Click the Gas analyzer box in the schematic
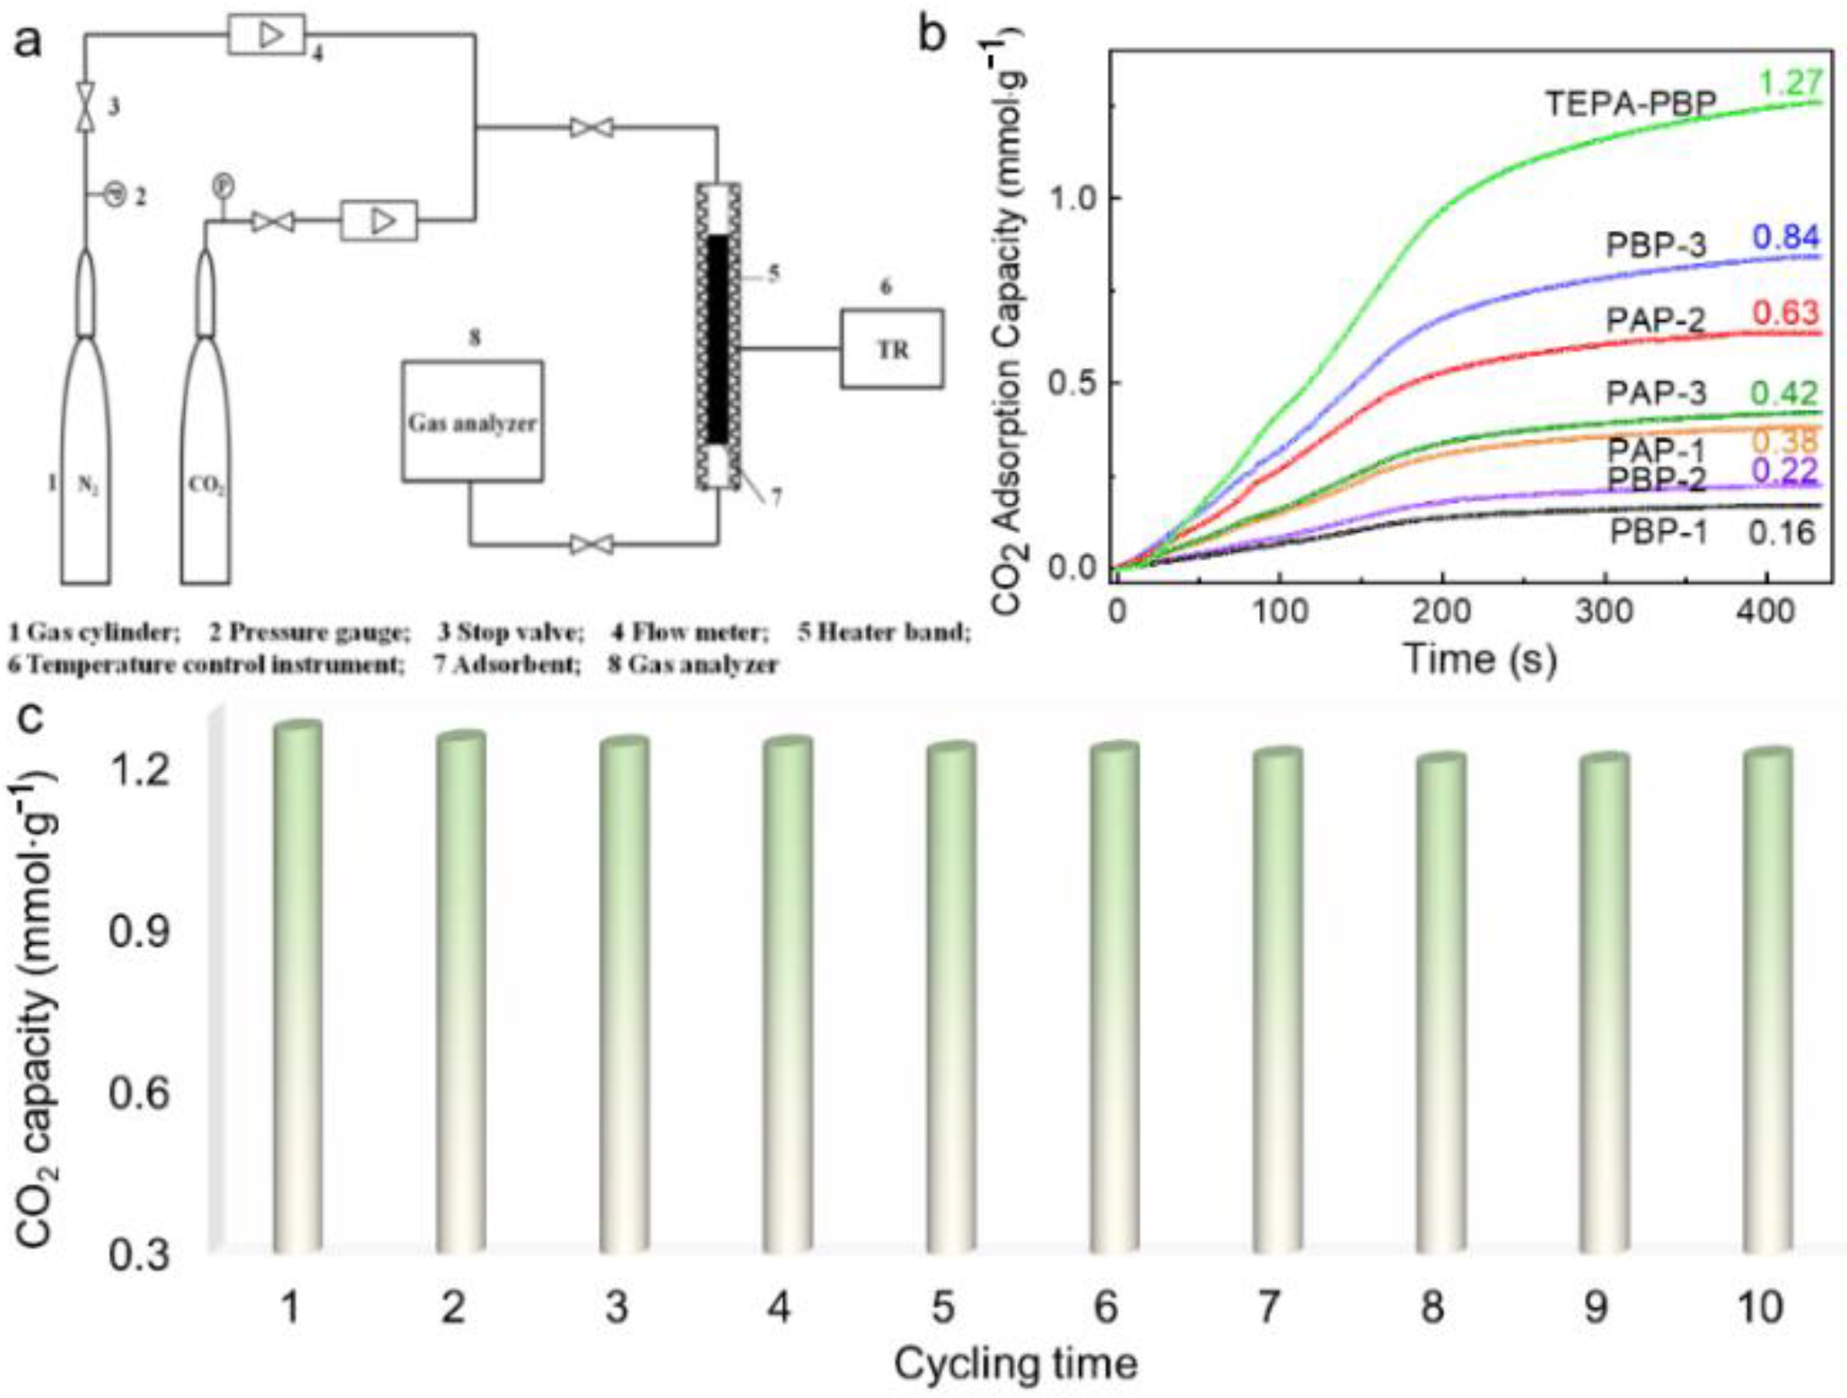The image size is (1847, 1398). tap(472, 421)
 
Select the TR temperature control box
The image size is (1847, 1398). tap(891, 349)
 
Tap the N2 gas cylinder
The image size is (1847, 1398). tap(85, 449)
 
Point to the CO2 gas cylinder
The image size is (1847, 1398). tap(206, 449)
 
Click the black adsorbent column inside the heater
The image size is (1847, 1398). tap(718, 338)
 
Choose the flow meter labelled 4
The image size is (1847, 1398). tap(267, 35)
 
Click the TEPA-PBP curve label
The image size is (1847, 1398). tap(1630, 104)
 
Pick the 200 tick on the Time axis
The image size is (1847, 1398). tap(1442, 612)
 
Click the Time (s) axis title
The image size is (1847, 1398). tap(1480, 659)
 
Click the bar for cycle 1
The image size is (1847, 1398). tap(298, 987)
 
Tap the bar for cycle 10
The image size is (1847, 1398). tap(1767, 1000)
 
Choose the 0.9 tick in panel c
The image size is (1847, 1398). tap(139, 933)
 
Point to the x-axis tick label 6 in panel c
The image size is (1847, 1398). tap(1105, 1306)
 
